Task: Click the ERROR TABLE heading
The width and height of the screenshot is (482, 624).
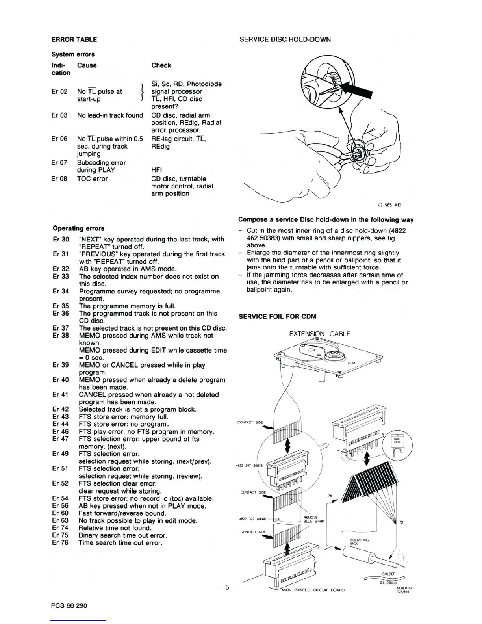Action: tap(74, 39)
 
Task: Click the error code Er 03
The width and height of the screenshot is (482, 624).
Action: tap(59, 115)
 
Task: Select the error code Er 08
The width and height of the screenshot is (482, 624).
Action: tap(59, 179)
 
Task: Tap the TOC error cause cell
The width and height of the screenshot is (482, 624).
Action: tap(92, 179)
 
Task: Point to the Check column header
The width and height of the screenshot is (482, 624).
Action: tap(161, 65)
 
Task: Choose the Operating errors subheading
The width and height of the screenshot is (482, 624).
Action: tap(78, 228)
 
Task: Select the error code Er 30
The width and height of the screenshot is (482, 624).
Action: tap(61, 240)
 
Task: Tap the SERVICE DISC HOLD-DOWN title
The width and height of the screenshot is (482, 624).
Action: tap(285, 39)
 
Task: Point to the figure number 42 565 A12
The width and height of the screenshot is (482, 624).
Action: tap(389, 205)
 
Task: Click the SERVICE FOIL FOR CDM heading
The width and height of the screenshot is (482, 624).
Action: tap(278, 317)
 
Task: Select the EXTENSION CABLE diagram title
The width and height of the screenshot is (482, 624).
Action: tap(319, 334)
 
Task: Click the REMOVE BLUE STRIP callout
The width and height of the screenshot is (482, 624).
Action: tap(313, 519)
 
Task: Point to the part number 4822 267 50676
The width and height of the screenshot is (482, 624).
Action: tap(249, 466)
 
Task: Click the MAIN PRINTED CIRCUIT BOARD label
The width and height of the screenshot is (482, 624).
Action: tap(313, 590)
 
